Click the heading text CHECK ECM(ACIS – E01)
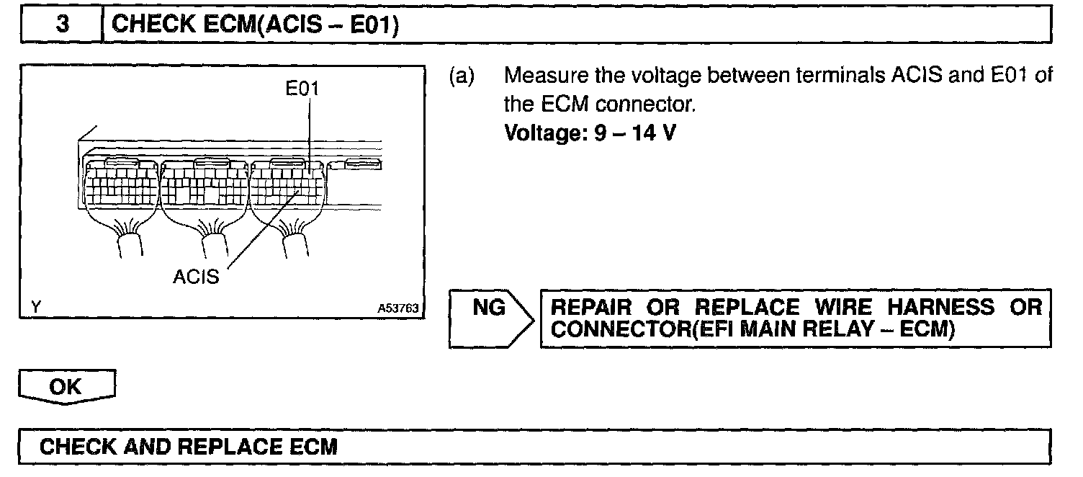[x=256, y=25]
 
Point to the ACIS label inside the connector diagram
[x=195, y=277]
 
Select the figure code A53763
[x=395, y=308]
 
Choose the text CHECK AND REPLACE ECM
[x=188, y=447]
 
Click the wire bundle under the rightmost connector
[x=296, y=241]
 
